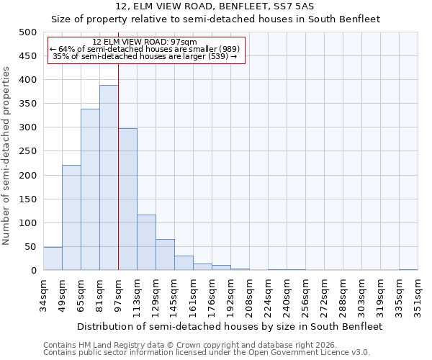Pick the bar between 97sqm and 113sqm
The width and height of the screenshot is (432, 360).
coord(127,199)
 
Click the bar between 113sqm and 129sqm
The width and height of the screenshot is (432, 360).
coord(146,243)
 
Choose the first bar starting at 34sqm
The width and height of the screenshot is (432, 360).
coord(53,258)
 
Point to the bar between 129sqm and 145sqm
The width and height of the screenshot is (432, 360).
coord(165,255)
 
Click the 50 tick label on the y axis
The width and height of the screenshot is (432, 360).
coord(30,247)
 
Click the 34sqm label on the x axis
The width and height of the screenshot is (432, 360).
coord(43,294)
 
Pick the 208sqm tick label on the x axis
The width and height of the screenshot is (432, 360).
coord(249,296)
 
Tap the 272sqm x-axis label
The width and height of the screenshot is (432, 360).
coord(324,296)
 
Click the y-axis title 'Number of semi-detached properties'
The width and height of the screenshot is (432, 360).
coord(7,156)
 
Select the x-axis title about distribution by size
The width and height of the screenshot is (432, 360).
coord(230,326)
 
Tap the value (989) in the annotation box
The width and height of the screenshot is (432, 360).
coord(228,49)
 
